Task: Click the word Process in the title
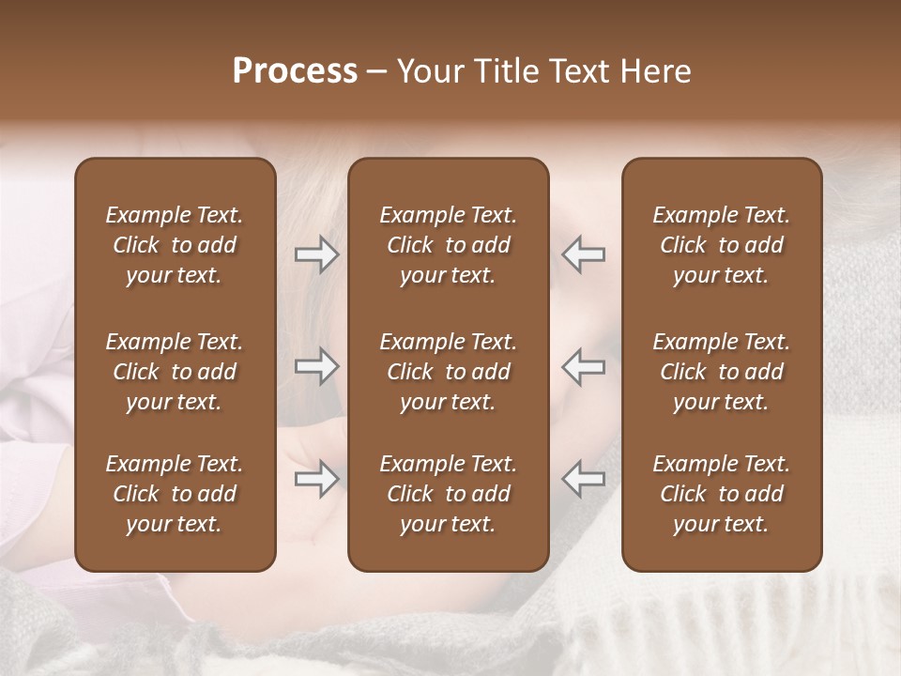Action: click(x=295, y=71)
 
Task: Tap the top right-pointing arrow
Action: click(x=316, y=254)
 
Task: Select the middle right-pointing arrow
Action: click(x=316, y=366)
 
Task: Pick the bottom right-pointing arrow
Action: click(x=316, y=479)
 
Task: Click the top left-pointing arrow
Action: click(x=584, y=254)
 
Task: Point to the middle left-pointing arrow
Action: click(x=584, y=366)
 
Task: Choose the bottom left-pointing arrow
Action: click(x=584, y=479)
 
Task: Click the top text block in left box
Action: click(x=175, y=245)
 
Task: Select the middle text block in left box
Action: click(x=175, y=372)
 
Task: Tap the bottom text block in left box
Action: click(x=175, y=494)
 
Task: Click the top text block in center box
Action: click(x=449, y=245)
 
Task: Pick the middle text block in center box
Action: click(x=449, y=372)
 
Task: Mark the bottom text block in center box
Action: click(x=449, y=494)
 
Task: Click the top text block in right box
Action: click(x=722, y=245)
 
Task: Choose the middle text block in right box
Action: click(x=722, y=372)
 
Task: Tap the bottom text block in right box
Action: click(x=722, y=494)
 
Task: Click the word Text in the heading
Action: click(x=580, y=71)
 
